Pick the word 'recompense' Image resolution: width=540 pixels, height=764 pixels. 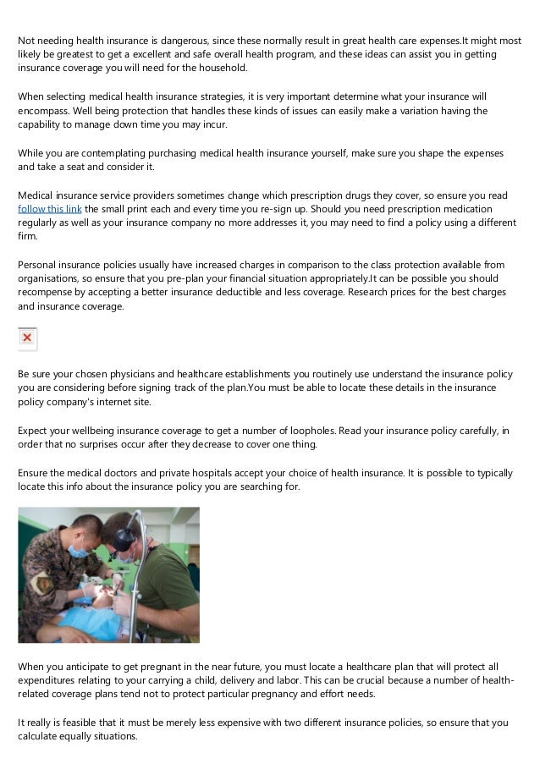(47, 292)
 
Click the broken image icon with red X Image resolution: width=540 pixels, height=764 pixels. (27, 338)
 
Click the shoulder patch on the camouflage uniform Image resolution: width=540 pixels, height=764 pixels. (40, 585)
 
